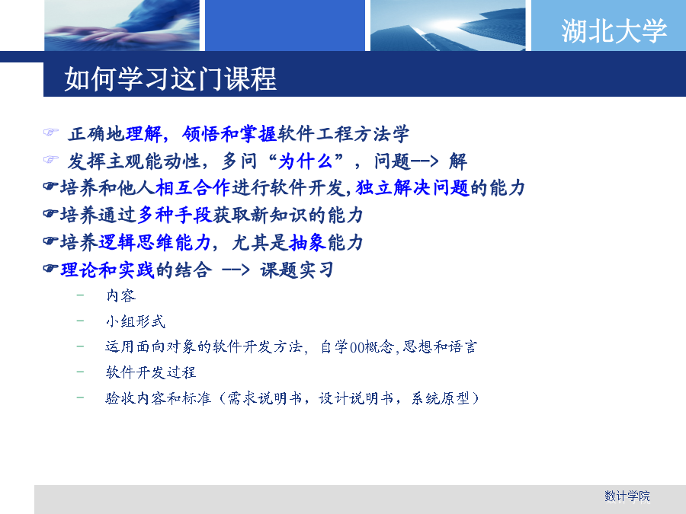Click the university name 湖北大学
[614, 31]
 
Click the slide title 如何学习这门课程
[170, 79]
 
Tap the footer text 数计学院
[627, 496]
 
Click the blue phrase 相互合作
[193, 188]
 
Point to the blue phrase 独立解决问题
[412, 188]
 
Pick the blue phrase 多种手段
[175, 215]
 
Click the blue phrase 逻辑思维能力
[155, 242]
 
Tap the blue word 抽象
[308, 242]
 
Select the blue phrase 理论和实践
[107, 270]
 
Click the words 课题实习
[297, 270]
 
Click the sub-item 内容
[121, 296]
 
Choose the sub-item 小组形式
[136, 321]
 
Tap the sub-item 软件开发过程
[151, 372]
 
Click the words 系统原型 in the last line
[441, 398]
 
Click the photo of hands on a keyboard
[122, 25]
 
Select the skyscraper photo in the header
[447, 25]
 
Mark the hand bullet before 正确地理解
[51, 132]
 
